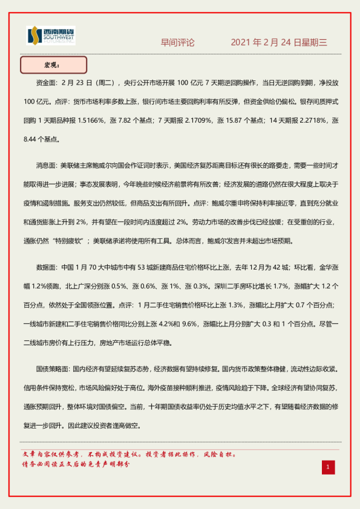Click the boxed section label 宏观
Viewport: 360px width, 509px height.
pyautogui.click(x=53, y=65)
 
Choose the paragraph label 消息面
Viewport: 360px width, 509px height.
pyautogui.click(x=48, y=164)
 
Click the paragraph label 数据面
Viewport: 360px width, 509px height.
pyautogui.click(x=48, y=266)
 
